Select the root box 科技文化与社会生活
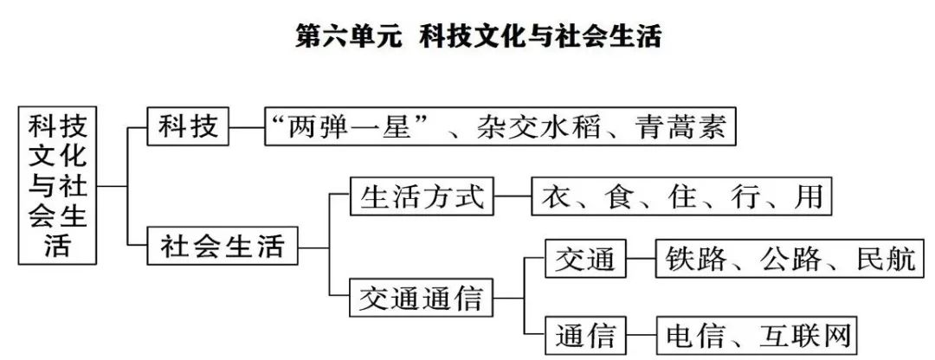pos(58,184)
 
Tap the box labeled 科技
pos(188,129)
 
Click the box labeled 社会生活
pos(222,247)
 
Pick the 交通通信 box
pos(422,299)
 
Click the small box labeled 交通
pos(585,258)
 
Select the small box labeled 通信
pos(585,334)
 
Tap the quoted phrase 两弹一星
pos(351,130)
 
